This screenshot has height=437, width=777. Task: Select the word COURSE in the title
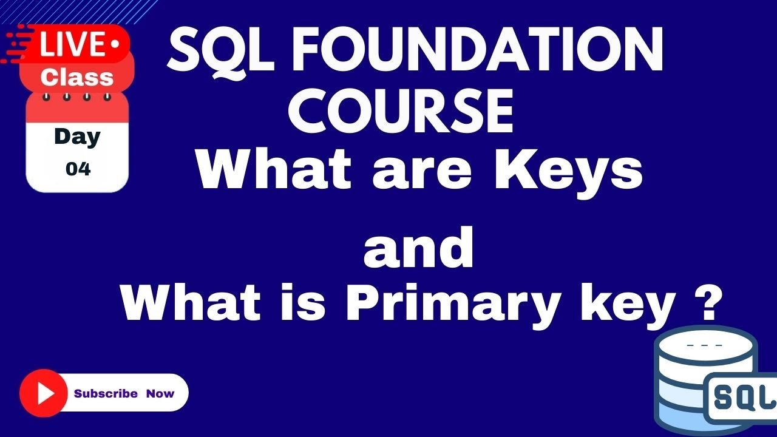(x=401, y=112)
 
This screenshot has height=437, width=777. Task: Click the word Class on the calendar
(x=76, y=77)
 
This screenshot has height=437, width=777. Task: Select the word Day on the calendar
(x=76, y=137)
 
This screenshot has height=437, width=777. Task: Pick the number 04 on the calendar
(x=78, y=169)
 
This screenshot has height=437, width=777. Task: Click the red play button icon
(x=43, y=393)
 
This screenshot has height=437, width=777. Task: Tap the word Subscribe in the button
(x=106, y=393)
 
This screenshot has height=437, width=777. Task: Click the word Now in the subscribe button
(x=160, y=393)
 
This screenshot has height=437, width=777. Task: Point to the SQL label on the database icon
(x=742, y=397)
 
